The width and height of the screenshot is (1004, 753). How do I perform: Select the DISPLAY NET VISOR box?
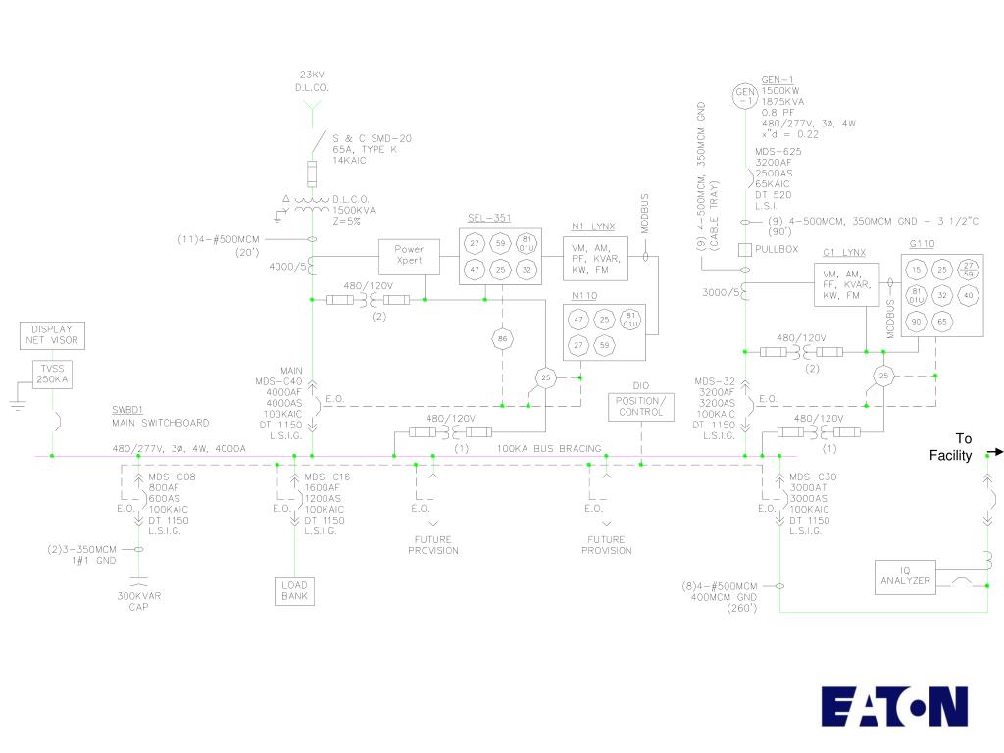[x=52, y=335]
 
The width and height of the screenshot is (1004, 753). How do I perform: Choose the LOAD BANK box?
[x=294, y=590]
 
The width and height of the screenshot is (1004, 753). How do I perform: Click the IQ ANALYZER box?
[x=905, y=577]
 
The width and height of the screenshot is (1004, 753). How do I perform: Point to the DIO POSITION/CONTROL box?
[x=640, y=406]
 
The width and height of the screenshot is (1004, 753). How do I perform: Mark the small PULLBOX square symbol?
[x=745, y=250]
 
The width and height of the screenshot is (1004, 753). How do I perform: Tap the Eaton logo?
[x=894, y=706]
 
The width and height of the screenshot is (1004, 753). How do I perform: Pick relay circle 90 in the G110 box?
[x=917, y=321]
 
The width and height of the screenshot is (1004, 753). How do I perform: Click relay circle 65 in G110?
[x=942, y=321]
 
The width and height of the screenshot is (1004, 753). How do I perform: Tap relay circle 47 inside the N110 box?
[x=578, y=320]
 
